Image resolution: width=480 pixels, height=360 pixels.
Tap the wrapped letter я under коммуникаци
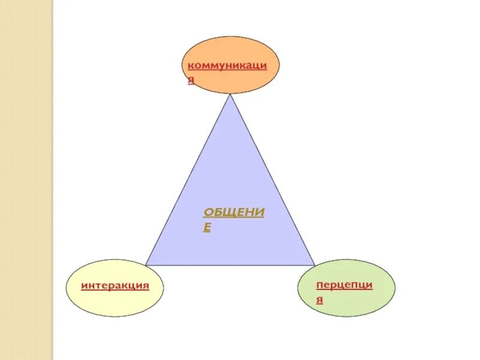tap(191, 79)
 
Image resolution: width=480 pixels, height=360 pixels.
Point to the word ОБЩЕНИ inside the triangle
tap(233, 214)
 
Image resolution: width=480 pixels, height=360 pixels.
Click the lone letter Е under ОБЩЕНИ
tap(207, 227)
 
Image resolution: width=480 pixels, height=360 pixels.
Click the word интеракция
tap(115, 286)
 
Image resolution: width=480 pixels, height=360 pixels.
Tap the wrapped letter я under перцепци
tap(320, 299)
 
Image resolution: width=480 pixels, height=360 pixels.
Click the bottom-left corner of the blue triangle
tap(147, 265)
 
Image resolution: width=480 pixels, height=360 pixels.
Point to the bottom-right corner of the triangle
tap(314, 265)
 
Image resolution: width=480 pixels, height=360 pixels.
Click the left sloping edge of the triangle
tap(188, 180)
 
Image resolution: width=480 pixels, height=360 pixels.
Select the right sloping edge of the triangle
tap(272, 180)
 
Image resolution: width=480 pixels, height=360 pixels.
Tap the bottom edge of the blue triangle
tap(230, 265)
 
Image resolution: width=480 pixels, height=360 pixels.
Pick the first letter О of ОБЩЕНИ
tap(208, 214)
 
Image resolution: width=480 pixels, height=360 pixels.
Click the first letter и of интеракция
tap(85, 286)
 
